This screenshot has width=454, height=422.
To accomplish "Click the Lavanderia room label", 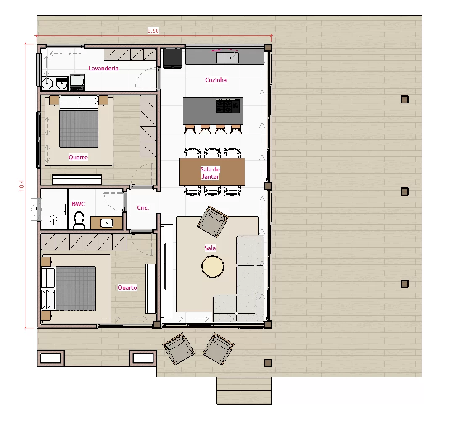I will [103, 68].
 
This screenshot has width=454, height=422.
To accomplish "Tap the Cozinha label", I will [216, 80].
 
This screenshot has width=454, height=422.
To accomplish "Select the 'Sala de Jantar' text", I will [211, 173].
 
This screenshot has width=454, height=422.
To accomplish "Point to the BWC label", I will [78, 204].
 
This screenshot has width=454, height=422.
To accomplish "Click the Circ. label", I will [143, 208].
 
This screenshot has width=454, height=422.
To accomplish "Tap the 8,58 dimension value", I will [153, 31].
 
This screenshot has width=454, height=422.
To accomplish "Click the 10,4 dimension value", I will [22, 186].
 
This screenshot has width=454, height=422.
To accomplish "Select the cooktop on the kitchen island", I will [228, 106].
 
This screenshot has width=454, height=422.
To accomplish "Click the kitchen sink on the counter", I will [227, 58].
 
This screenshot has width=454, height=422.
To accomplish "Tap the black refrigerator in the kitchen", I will [173, 58].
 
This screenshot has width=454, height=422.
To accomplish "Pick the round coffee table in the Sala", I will [213, 266].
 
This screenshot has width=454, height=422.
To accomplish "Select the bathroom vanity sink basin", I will [107, 223].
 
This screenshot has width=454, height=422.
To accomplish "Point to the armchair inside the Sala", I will [213, 222].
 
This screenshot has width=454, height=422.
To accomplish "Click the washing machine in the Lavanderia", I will [77, 82].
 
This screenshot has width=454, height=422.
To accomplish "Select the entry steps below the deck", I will [244, 391].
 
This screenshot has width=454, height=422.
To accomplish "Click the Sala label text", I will [210, 248].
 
